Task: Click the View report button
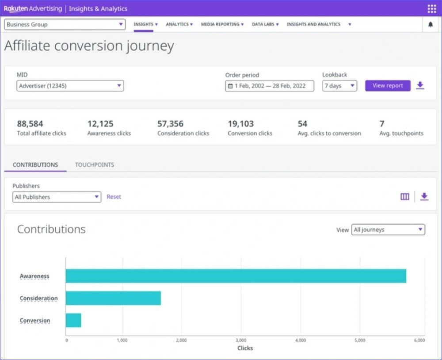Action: point(388,86)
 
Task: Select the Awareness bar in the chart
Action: point(236,276)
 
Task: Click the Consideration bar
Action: point(113,298)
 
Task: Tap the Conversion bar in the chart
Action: point(73,320)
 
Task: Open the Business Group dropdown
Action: point(65,24)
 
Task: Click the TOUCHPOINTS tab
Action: point(95,165)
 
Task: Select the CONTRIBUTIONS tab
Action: point(35,165)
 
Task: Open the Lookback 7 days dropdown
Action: point(339,86)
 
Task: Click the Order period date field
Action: point(270,86)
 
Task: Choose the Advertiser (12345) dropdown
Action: point(70,86)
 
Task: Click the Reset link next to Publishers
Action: point(114,197)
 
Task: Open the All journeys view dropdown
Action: point(388,230)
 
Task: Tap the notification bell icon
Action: point(431,24)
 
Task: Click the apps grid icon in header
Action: point(431,9)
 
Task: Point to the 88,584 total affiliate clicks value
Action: point(30,124)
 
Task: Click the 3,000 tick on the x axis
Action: point(241,340)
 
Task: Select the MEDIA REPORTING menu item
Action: point(222,24)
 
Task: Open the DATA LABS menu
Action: point(265,24)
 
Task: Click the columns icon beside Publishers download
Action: point(405,197)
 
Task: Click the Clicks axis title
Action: point(245,348)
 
